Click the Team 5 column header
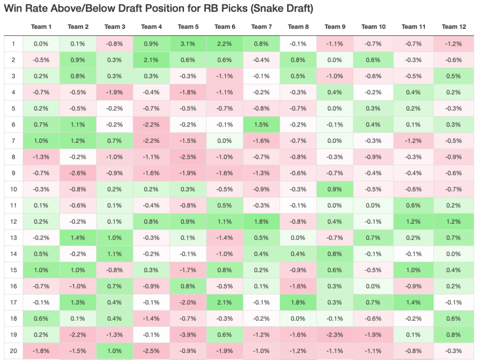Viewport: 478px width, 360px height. pos(188,27)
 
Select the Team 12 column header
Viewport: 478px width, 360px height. pos(453,27)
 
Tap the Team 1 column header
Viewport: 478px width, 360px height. pos(42,27)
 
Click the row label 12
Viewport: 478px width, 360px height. pos(14,222)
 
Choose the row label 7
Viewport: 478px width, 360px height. pos(14,141)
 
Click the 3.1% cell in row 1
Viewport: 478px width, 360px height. pos(188,44)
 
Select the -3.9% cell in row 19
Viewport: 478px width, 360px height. pos(188,335)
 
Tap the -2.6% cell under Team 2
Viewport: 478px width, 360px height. pos(78,173)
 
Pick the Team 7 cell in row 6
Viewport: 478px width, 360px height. pos(261,125)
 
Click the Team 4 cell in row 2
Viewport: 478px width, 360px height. pos(151,60)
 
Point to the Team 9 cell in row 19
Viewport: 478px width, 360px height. pos(334,335)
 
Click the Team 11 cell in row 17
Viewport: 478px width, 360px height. pos(413,303)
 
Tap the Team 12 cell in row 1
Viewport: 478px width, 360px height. pos(453,44)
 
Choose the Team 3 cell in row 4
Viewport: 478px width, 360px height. pos(115,92)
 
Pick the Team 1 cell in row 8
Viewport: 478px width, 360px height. pos(42,157)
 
